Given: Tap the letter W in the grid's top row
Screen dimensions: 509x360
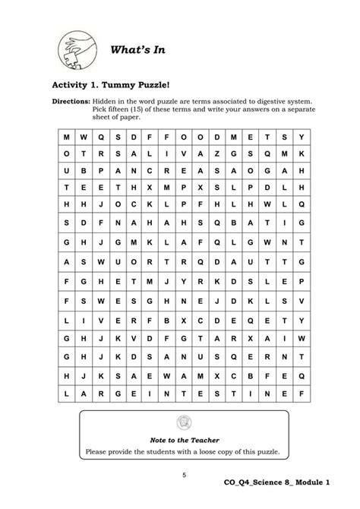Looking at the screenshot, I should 84,136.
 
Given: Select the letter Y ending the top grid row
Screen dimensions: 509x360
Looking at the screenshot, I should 302,136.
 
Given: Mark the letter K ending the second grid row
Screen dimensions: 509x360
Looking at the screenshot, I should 302,153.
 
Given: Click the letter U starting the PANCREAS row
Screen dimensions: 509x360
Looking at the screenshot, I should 67,170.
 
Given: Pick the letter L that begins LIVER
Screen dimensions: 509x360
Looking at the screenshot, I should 67,321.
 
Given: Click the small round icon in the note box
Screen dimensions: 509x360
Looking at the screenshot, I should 182,422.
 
